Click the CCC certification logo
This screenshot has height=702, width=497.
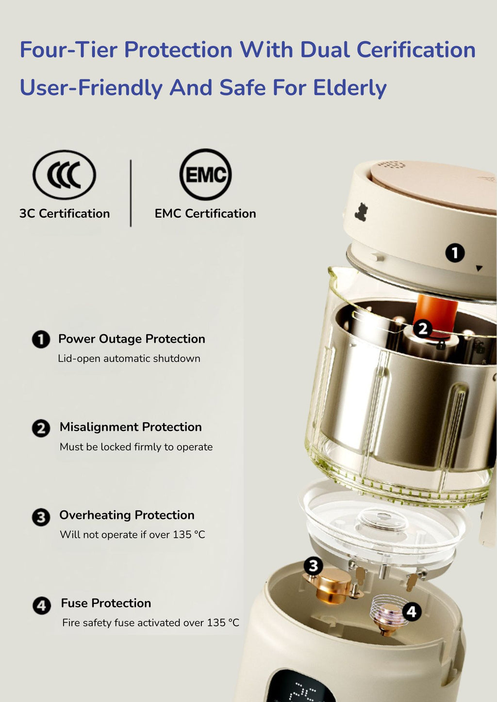(65, 175)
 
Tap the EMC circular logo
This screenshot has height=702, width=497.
(205, 175)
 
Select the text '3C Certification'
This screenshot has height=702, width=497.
(65, 213)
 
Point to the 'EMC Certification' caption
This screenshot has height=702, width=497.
(205, 213)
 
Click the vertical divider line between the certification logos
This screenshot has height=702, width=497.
(131, 193)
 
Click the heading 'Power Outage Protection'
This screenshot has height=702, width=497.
(132, 339)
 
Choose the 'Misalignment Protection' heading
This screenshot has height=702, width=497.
(131, 427)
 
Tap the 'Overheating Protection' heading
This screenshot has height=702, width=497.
(127, 515)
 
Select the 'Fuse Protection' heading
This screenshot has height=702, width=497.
(106, 603)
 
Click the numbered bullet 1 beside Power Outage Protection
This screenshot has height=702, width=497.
(41, 339)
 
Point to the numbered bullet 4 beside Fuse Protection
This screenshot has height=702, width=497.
(42, 605)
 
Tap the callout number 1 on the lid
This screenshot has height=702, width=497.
(455, 253)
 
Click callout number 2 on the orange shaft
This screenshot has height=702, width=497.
(423, 329)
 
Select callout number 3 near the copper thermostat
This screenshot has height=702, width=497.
(314, 566)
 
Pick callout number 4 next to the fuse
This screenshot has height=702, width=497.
(412, 611)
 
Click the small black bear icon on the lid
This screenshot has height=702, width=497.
(362, 212)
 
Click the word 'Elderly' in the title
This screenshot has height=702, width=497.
(350, 87)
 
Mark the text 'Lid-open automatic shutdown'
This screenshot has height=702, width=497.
(129, 359)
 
